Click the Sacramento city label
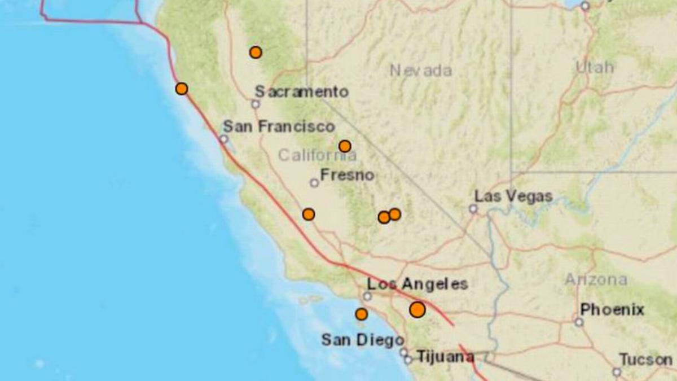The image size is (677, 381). click(301, 91)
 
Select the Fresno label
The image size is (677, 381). click(347, 175)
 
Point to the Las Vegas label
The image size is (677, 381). click(513, 197)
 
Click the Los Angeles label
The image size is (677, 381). click(417, 284)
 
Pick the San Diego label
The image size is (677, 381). click(362, 340)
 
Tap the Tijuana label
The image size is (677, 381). click(445, 357)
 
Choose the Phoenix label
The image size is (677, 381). click(612, 310)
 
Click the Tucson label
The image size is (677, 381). click(646, 360)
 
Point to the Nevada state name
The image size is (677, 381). click(421, 71)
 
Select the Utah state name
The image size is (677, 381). click(595, 67)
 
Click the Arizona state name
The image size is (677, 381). click(596, 279)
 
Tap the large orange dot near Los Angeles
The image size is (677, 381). click(417, 310)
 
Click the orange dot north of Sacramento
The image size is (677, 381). click(256, 52)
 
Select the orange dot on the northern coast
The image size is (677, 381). click(181, 89)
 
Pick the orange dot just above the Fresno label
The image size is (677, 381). click(345, 147)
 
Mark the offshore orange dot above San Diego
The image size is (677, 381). click(361, 314)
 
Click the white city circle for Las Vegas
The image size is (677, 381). click(473, 209)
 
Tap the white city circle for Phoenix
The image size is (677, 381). click(578, 322)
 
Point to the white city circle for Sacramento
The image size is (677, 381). click(255, 104)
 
